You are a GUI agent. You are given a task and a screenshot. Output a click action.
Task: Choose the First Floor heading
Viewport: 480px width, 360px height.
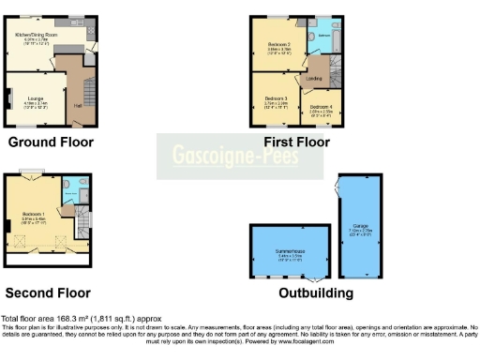(296, 142)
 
